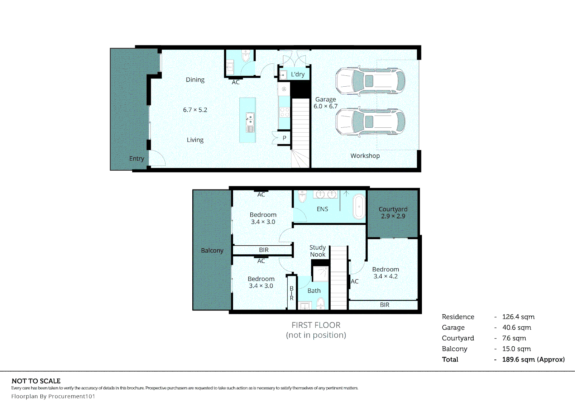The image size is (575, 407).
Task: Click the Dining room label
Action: [x=195, y=80]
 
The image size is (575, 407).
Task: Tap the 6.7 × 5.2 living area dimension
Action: [x=195, y=110]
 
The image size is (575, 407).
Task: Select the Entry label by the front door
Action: [x=136, y=159]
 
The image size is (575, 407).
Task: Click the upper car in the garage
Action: [x=370, y=81]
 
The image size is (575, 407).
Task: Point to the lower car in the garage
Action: [x=370, y=122]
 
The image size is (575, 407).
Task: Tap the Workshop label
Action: [x=365, y=156]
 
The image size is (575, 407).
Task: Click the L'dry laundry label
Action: [x=297, y=74]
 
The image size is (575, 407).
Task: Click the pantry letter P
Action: [x=284, y=138]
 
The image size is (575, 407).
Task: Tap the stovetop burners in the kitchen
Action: [x=284, y=112]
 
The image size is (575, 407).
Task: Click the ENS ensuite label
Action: [x=322, y=209]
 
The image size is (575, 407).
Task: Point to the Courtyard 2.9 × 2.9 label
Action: [x=393, y=213]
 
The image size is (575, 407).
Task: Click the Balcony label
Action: [x=212, y=251]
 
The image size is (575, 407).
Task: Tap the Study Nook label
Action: [x=317, y=251]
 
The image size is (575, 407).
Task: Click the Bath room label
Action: [x=314, y=291]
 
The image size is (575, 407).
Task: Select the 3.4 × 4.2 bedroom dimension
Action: [x=385, y=276]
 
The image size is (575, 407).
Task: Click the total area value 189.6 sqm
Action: [x=533, y=360]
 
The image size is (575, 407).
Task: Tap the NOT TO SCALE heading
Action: [x=36, y=381]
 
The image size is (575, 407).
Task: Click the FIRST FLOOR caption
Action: [x=316, y=325]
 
